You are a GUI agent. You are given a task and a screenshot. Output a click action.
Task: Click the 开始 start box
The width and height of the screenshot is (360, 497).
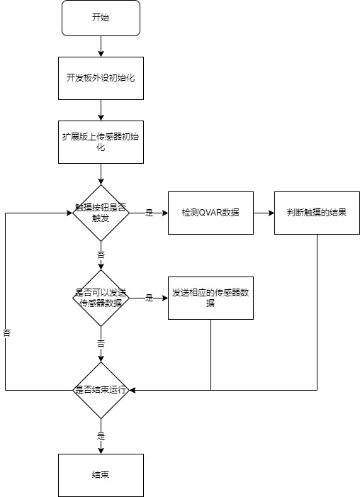pyautogui.click(x=101, y=18)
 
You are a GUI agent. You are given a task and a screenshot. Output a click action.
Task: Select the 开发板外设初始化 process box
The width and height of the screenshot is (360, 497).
pyautogui.click(x=101, y=78)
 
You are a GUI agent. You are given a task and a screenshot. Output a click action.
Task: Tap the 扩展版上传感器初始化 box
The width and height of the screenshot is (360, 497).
pyautogui.click(x=101, y=142)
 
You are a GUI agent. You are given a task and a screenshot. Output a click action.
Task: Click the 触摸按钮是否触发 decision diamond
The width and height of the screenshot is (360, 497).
pyautogui.click(x=101, y=213)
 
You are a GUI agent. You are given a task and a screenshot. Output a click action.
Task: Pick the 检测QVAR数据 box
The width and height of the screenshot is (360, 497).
pyautogui.click(x=210, y=213)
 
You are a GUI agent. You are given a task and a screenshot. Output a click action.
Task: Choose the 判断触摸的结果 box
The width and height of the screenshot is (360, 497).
pyautogui.click(x=317, y=213)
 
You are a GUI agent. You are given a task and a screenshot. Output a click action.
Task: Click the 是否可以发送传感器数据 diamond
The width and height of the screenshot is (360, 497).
pyautogui.click(x=101, y=298)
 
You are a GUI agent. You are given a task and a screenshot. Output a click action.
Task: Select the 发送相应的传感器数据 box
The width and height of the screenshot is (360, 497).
pyautogui.click(x=210, y=298)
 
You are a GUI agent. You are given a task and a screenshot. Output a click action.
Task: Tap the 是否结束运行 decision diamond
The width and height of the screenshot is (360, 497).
pyautogui.click(x=101, y=390)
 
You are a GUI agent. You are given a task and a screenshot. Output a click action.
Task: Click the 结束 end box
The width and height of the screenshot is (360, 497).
pyautogui.click(x=101, y=475)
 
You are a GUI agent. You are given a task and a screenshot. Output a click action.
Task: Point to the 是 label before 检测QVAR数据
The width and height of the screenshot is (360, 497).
pyautogui.click(x=149, y=213)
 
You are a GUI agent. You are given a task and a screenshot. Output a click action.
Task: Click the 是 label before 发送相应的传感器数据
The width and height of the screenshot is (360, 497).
pyautogui.click(x=149, y=298)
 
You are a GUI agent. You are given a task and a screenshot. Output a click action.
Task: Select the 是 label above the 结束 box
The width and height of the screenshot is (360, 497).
pyautogui.click(x=101, y=436)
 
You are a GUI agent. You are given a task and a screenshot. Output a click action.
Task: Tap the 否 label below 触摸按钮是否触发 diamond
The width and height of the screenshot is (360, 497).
pyautogui.click(x=101, y=255)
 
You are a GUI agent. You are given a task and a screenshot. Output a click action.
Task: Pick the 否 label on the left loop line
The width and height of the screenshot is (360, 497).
pyautogui.click(x=6, y=333)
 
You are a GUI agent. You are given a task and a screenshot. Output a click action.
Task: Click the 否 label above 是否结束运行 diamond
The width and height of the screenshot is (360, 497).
pyautogui.click(x=101, y=344)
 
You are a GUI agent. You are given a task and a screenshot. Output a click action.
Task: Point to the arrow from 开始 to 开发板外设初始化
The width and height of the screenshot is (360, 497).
pyautogui.click(x=101, y=46)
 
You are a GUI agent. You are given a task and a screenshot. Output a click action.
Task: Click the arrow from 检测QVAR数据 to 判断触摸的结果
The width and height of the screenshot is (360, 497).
pyautogui.click(x=264, y=213)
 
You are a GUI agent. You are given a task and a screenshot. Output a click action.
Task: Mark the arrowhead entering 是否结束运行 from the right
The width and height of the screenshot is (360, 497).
pyautogui.click(x=133, y=390)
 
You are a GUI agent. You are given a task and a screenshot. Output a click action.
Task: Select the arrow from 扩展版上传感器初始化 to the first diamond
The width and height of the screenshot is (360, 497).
pyautogui.click(x=101, y=174)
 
